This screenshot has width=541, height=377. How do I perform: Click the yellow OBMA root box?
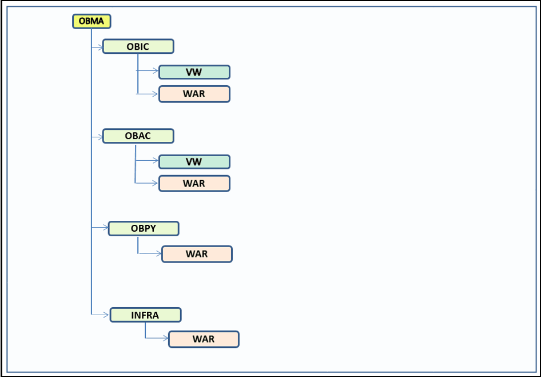coord(92,21)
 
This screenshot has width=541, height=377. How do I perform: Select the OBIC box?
coord(138,46)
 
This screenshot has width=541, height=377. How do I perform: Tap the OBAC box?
coord(138,136)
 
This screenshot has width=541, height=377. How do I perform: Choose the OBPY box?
coord(144,228)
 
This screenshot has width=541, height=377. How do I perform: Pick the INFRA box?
coord(145,315)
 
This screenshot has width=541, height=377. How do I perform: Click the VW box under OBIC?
coord(194,72)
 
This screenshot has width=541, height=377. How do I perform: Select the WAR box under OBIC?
coord(194,94)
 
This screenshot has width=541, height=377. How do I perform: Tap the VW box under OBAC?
coord(194,162)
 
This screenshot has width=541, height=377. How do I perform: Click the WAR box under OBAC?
coord(194,183)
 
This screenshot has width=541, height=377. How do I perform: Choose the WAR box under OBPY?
coord(197,254)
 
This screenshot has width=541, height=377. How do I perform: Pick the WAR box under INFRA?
coord(204,339)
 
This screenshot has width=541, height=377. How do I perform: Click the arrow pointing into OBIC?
coord(97,46)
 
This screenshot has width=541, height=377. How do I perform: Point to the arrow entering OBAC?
coord(97,136)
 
